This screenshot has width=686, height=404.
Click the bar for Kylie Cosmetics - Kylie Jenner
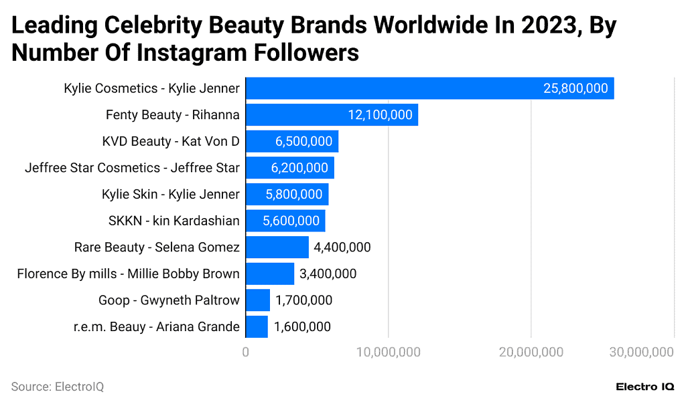coord(429,88)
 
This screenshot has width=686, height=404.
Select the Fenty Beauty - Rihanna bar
coord(332,114)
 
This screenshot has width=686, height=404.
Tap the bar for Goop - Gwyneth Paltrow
coord(258,300)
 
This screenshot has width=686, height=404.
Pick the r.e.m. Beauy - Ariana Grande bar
coord(257,326)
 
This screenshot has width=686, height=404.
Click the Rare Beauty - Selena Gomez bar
coord(277,247)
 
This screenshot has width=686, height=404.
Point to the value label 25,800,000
coord(575,88)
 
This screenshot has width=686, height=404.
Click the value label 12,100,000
coord(380,115)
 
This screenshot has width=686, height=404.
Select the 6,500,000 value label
coord(303,141)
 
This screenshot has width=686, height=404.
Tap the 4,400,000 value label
coord(342,247)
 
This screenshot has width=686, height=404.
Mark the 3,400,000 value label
coord(328,274)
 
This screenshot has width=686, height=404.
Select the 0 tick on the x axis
coord(246,352)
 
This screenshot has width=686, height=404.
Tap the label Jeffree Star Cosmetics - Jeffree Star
coord(132,168)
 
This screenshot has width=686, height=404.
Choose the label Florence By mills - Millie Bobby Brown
coord(128,274)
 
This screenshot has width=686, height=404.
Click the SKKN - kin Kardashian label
coord(174,221)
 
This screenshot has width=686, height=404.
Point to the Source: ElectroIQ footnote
coord(58,387)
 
